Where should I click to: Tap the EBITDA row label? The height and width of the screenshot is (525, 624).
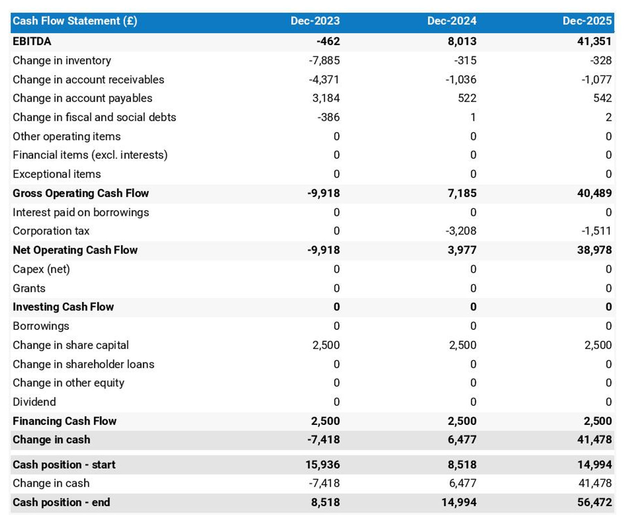32,41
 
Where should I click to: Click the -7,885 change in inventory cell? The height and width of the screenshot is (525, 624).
324,60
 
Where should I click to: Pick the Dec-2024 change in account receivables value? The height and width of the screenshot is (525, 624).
461,79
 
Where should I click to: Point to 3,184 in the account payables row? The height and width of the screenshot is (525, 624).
326,98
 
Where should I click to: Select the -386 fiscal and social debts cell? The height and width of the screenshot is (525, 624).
328,117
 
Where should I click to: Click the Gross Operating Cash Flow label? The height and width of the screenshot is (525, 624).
81,193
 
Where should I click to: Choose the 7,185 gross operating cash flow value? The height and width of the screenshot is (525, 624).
462,193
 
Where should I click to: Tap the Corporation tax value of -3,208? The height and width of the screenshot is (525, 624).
461,231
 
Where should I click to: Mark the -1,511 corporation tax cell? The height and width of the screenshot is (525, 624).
596,231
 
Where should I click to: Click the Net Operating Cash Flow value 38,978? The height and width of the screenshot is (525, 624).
594,250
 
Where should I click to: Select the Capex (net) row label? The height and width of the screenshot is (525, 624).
41,269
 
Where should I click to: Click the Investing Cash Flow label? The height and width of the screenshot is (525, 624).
63,307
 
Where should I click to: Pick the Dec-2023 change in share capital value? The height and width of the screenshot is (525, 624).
326,345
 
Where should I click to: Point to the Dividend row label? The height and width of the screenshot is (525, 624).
34,402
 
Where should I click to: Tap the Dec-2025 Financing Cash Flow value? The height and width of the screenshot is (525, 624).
597,421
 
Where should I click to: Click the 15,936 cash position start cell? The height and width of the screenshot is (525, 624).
322,465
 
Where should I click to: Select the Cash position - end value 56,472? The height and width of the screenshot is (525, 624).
594,502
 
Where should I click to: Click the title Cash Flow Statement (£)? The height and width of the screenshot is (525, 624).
75,21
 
